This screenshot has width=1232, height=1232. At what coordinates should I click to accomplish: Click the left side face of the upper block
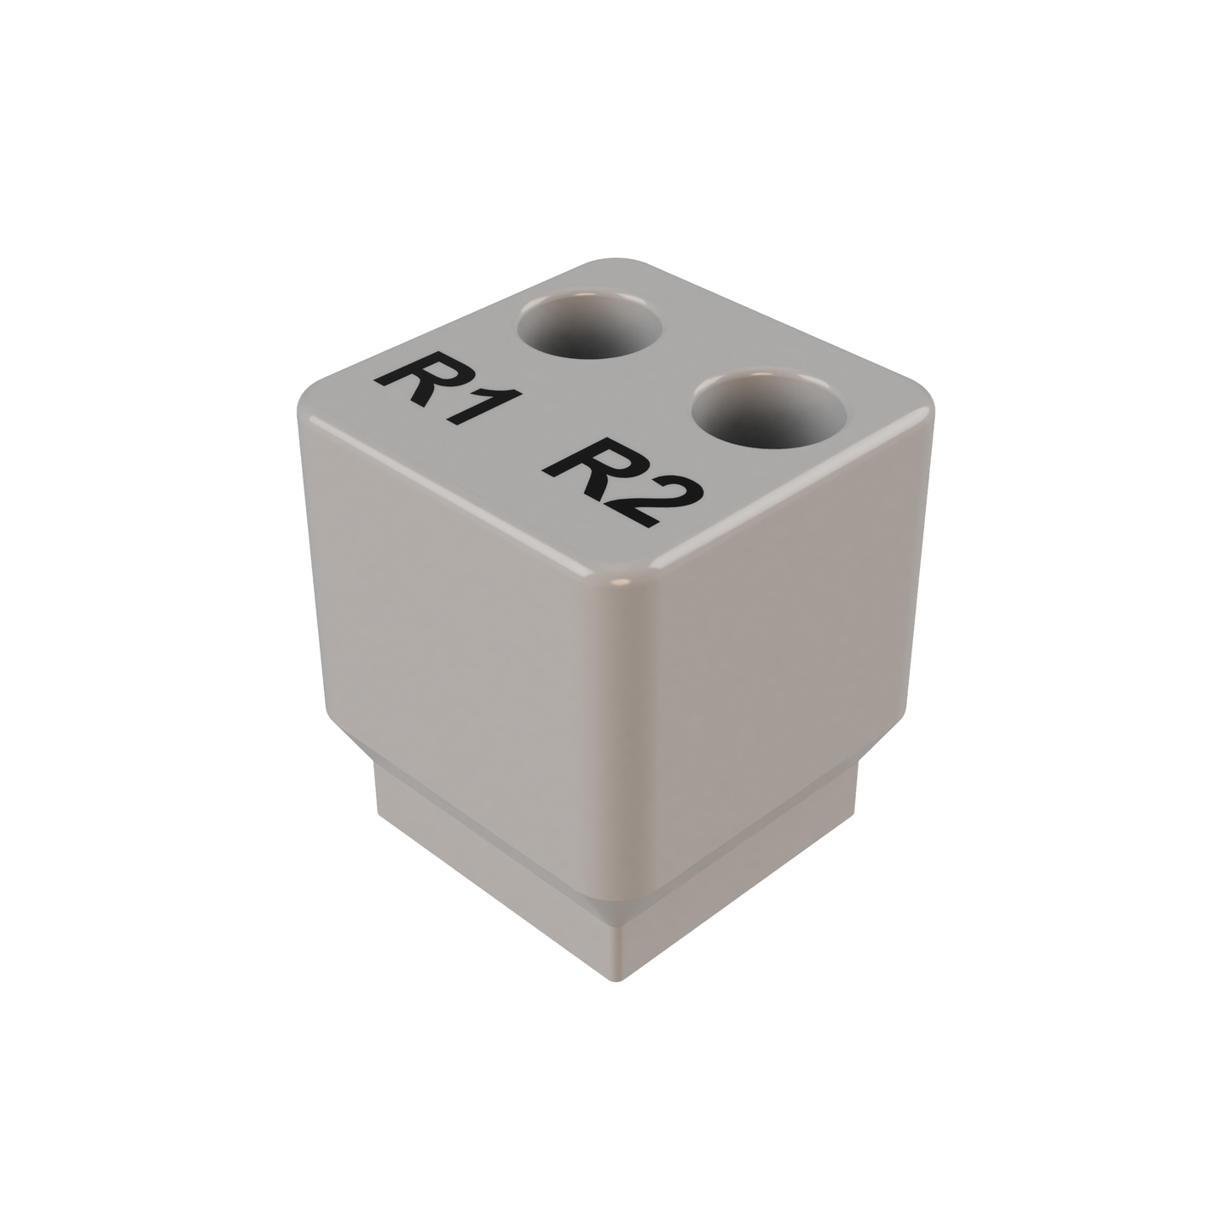(460, 631)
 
